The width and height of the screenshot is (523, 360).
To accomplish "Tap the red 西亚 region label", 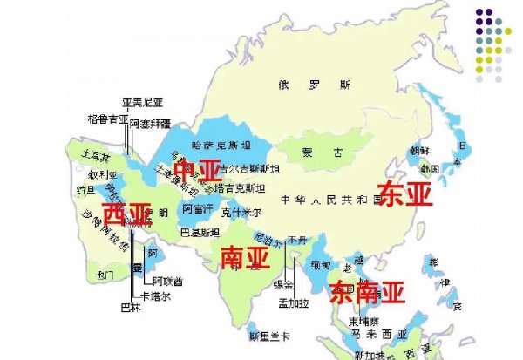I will coord(126,214).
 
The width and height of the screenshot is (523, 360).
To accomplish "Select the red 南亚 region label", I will coord(243,256).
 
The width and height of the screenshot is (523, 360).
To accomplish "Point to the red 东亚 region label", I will coord(405,194).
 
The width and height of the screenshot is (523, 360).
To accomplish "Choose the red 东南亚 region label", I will coord(368,291).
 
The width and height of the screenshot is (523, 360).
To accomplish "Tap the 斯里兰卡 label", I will coord(267,336).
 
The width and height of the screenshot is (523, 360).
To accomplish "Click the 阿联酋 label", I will coord(166,281).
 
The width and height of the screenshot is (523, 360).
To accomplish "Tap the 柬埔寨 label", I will coord(341,320).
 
